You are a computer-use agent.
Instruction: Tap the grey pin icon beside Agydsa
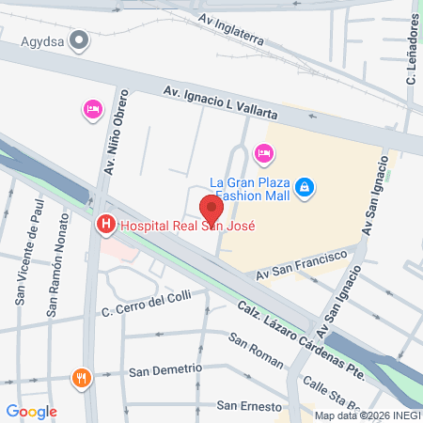[80, 40]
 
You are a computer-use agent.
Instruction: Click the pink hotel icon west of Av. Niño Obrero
[92, 110]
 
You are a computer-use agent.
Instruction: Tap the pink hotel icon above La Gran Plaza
[264, 151]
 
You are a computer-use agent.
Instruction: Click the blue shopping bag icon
[304, 188]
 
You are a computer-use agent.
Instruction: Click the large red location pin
[211, 209]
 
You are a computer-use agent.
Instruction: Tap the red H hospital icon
[105, 225]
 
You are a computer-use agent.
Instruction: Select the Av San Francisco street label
[302, 266]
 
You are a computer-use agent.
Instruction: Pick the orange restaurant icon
[81, 379]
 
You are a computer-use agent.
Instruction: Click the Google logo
[31, 411]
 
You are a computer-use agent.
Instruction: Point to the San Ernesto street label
[249, 406]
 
